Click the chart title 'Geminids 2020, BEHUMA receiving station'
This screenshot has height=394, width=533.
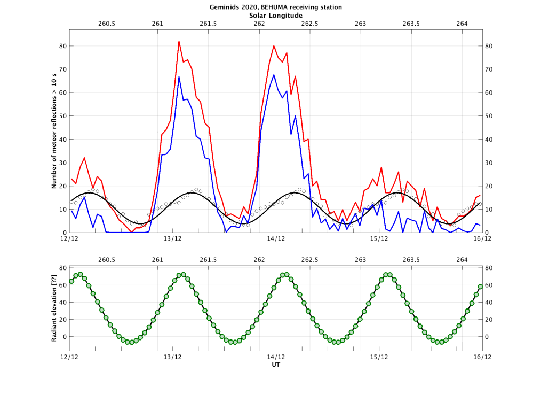pyautogui.click(x=266, y=7)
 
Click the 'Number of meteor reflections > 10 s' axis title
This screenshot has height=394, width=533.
pyautogui.click(x=54, y=132)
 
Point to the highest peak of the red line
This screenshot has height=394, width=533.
pyautogui.click(x=179, y=41)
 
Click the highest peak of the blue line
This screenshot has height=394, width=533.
pyautogui.click(x=274, y=75)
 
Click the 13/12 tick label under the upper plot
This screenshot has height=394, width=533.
pyautogui.click(x=172, y=238)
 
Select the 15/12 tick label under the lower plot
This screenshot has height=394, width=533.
pyautogui.click(x=379, y=357)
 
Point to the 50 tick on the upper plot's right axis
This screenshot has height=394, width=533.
pyautogui.click(x=488, y=116)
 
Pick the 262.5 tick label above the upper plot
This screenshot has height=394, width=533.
pyautogui.click(x=309, y=24)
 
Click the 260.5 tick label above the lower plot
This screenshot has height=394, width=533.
pyautogui.click(x=107, y=260)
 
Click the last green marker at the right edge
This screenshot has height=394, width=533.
pyautogui.click(x=480, y=287)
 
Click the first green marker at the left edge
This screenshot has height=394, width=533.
pyautogui.click(x=71, y=281)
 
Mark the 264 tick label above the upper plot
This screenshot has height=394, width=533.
pyautogui.click(x=462, y=24)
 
